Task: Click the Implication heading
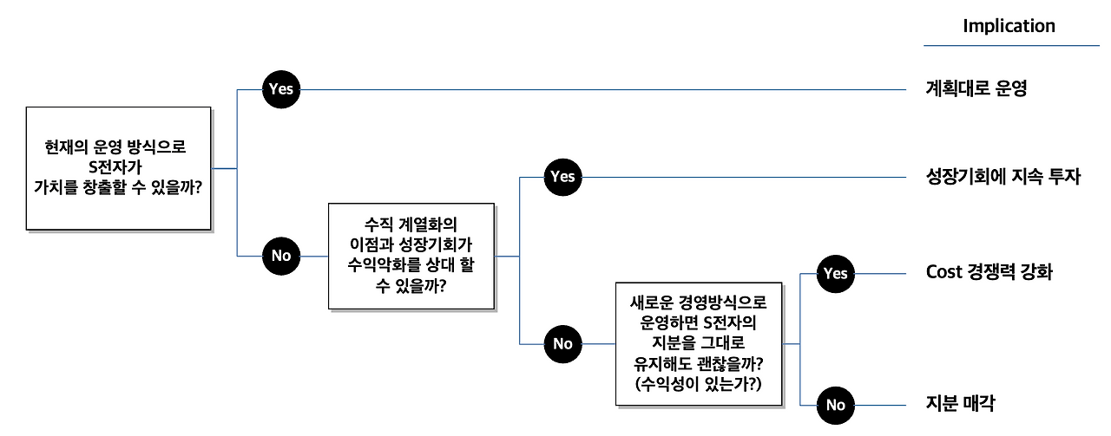1009,26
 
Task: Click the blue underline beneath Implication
1011,45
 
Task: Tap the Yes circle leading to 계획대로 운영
280,88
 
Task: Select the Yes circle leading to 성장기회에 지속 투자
562,177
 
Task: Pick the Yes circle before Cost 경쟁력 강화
835,274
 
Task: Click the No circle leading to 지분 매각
835,405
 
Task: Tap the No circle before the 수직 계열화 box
280,255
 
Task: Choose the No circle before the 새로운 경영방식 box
562,344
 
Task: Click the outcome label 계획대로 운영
976,88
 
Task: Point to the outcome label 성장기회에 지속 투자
1003,177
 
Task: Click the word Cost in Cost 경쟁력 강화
944,272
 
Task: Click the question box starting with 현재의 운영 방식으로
118,168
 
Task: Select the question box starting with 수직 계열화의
411,256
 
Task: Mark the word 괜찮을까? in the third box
732,363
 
